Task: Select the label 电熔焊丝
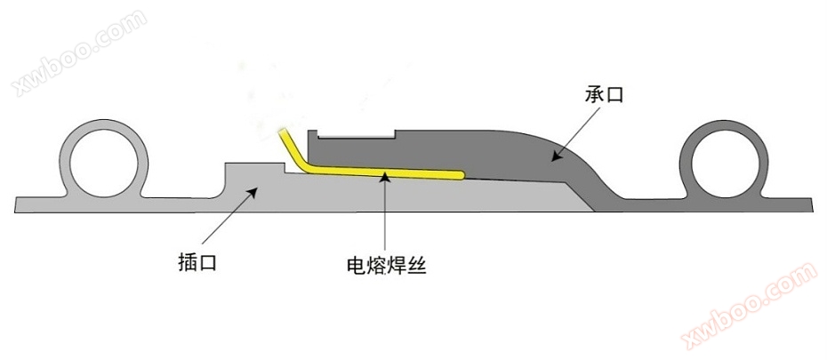(x=386, y=264)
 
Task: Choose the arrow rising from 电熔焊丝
(x=385, y=213)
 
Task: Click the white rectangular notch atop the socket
(x=357, y=133)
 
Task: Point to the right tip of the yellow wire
(x=461, y=175)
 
